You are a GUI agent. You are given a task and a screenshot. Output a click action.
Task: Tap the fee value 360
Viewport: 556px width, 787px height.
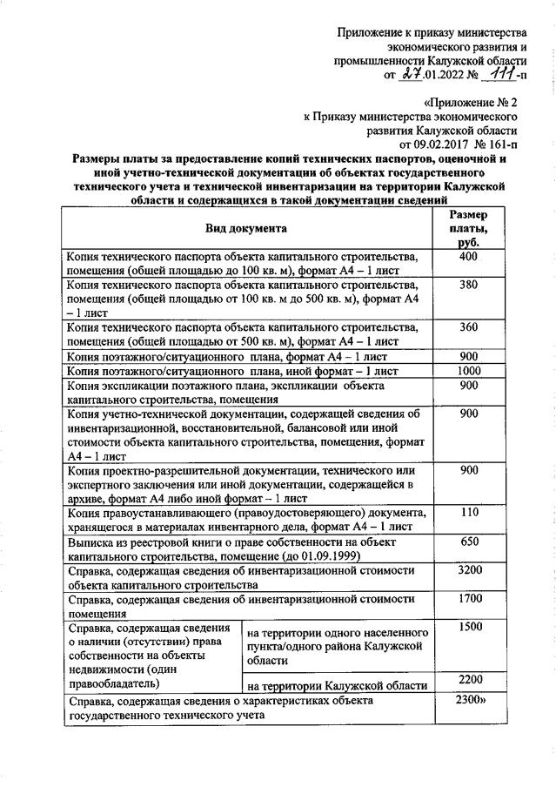pos(468,326)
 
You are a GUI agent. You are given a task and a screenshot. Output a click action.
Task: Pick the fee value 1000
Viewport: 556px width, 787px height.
pos(468,369)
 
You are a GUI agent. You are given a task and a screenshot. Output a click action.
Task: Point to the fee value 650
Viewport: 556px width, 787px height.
pos(468,541)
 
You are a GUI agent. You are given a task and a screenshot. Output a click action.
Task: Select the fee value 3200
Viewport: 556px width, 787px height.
pos(468,569)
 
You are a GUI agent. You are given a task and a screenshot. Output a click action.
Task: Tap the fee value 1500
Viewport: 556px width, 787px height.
pos(468,627)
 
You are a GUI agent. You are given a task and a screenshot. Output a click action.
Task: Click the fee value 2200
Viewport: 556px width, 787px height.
pos(468,679)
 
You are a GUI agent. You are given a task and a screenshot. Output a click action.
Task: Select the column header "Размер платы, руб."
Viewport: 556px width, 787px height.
pos(468,229)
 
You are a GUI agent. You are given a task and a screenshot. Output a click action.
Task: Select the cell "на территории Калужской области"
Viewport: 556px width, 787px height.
pos(338,685)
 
